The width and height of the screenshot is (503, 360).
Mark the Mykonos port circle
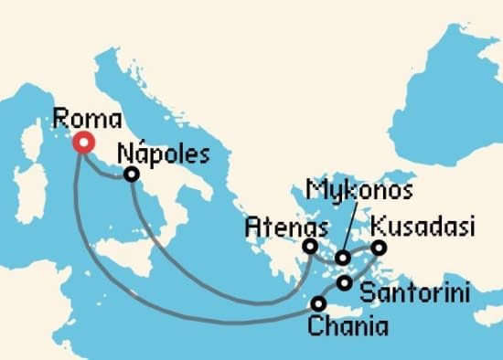[x=343, y=259]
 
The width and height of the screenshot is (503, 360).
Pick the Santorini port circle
[x=344, y=283]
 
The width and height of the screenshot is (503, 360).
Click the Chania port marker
[x=318, y=303]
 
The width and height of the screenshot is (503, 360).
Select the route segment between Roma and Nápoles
[x=108, y=171]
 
